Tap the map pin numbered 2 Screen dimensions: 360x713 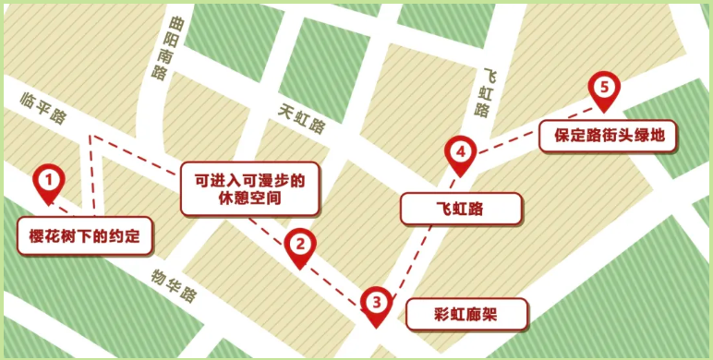coord(299,246)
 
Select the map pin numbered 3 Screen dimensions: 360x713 coord(375,302)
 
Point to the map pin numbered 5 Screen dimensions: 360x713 coord(604,90)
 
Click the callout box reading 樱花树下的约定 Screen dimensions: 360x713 coord(83,235)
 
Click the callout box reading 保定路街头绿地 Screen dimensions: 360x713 coord(609,138)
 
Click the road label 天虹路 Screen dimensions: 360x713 coord(302,118)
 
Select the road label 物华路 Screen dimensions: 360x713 coord(175,285)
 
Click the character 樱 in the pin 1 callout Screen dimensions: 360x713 coord(37,235)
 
